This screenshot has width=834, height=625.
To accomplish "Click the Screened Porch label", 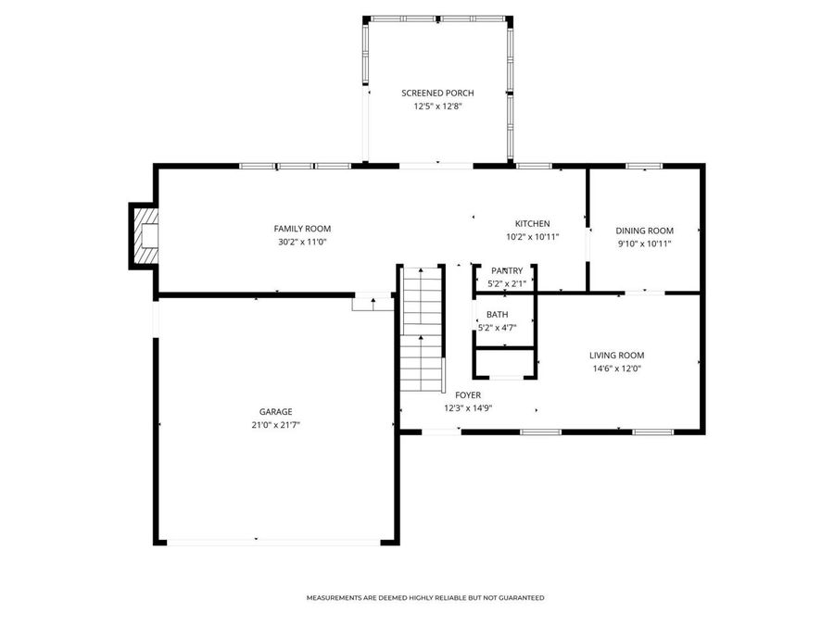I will tap(437, 93).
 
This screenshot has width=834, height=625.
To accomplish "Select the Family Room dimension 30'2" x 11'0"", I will tap(301, 242).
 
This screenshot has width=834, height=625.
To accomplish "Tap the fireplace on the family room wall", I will tap(144, 235).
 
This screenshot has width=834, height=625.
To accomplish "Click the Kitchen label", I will tap(533, 223).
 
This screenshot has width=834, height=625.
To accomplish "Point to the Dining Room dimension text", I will tap(644, 244).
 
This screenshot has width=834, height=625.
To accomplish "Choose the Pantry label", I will tap(507, 270).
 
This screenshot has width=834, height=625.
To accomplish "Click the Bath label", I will tap(497, 314).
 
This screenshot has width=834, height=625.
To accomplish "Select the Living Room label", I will tap(616, 355).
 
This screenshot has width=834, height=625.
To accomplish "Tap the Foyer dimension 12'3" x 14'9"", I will tap(468, 407).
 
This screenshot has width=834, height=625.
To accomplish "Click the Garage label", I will tap(275, 411).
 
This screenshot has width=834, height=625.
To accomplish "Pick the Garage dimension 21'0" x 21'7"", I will tap(275, 424).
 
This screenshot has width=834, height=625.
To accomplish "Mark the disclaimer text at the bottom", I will tap(425, 598).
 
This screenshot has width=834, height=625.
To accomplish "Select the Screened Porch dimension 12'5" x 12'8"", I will tap(437, 106).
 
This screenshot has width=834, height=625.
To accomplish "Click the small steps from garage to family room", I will tap(374, 301).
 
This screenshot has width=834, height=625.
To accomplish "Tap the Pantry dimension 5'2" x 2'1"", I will tap(507, 283).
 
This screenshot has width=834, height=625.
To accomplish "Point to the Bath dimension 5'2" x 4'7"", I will tap(497, 327).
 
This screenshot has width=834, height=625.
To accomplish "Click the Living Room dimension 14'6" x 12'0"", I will tap(616, 369).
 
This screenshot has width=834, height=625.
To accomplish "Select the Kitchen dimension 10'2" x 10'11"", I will tap(533, 237).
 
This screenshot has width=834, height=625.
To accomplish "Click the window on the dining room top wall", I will tap(643, 166).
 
